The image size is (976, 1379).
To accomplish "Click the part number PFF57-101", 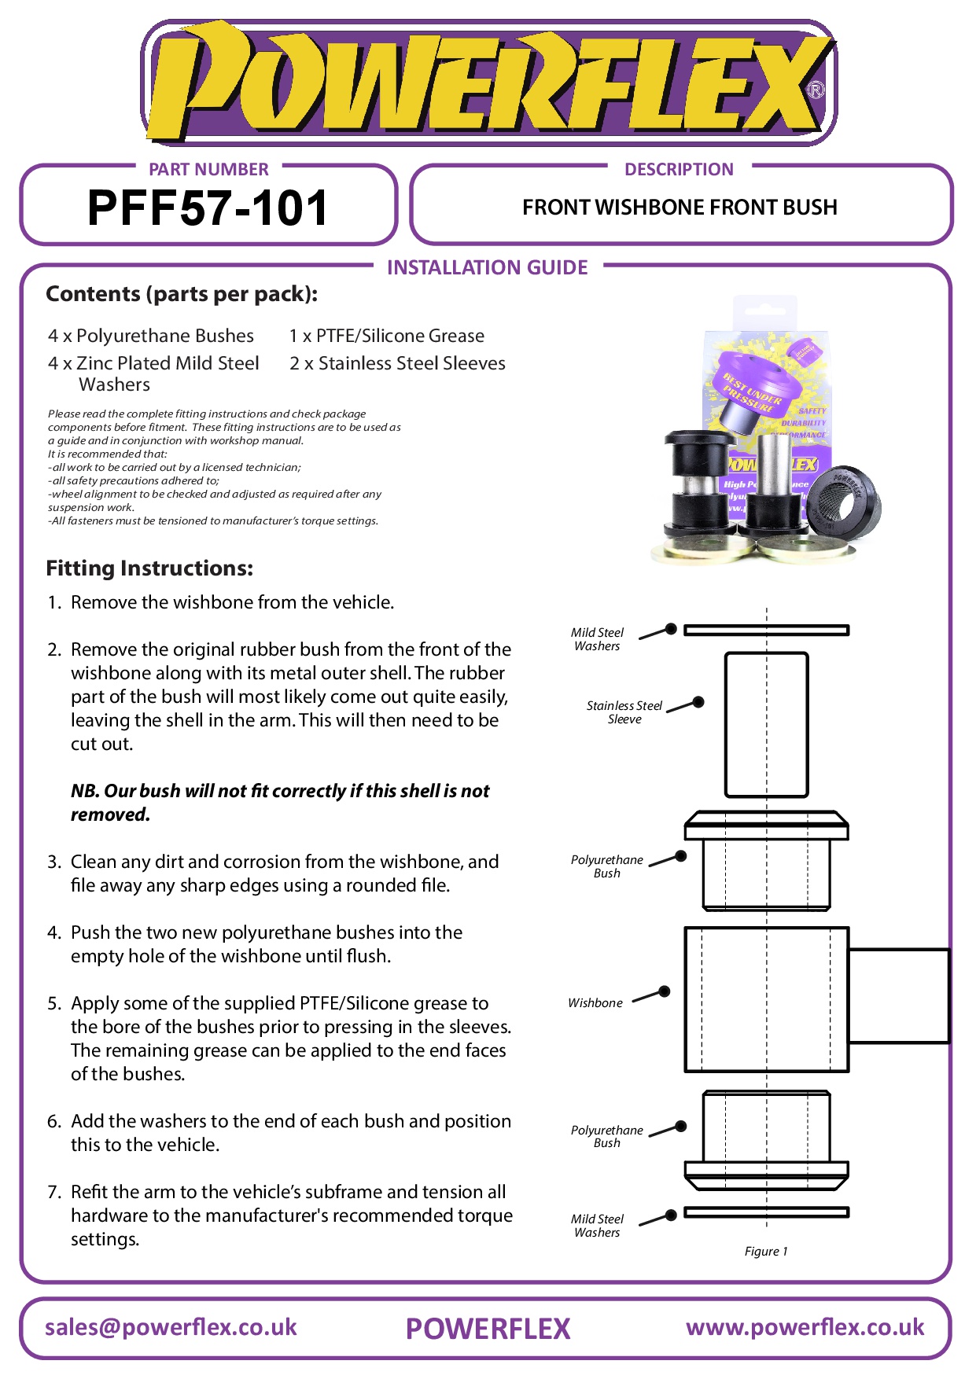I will (207, 208).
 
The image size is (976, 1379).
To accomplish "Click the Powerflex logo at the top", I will (488, 83).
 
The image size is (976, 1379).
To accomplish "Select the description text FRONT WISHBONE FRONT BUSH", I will (680, 208).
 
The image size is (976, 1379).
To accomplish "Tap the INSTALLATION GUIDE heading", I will (487, 267).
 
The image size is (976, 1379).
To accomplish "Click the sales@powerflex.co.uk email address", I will (171, 1327).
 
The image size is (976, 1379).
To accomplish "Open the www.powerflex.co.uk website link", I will (805, 1327).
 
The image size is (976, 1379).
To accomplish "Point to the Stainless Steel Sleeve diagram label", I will (624, 712).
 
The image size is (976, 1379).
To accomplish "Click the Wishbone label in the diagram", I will (595, 1003).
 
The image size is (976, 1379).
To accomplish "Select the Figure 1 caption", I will (766, 1251).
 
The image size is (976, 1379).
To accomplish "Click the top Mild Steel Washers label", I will (597, 639).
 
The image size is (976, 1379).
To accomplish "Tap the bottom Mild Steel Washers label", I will (597, 1226).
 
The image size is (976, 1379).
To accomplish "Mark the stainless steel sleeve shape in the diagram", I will (766, 724).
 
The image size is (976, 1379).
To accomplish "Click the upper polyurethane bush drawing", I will (766, 862).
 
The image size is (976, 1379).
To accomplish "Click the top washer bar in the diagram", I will (766, 630).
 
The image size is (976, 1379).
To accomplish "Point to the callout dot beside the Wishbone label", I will (665, 991).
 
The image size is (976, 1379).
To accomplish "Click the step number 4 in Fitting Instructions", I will (53, 932).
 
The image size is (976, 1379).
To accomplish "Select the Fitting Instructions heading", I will (149, 568).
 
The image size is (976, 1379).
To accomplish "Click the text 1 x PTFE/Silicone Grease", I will (386, 336).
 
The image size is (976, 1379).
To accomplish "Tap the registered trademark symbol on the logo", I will (816, 90).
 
